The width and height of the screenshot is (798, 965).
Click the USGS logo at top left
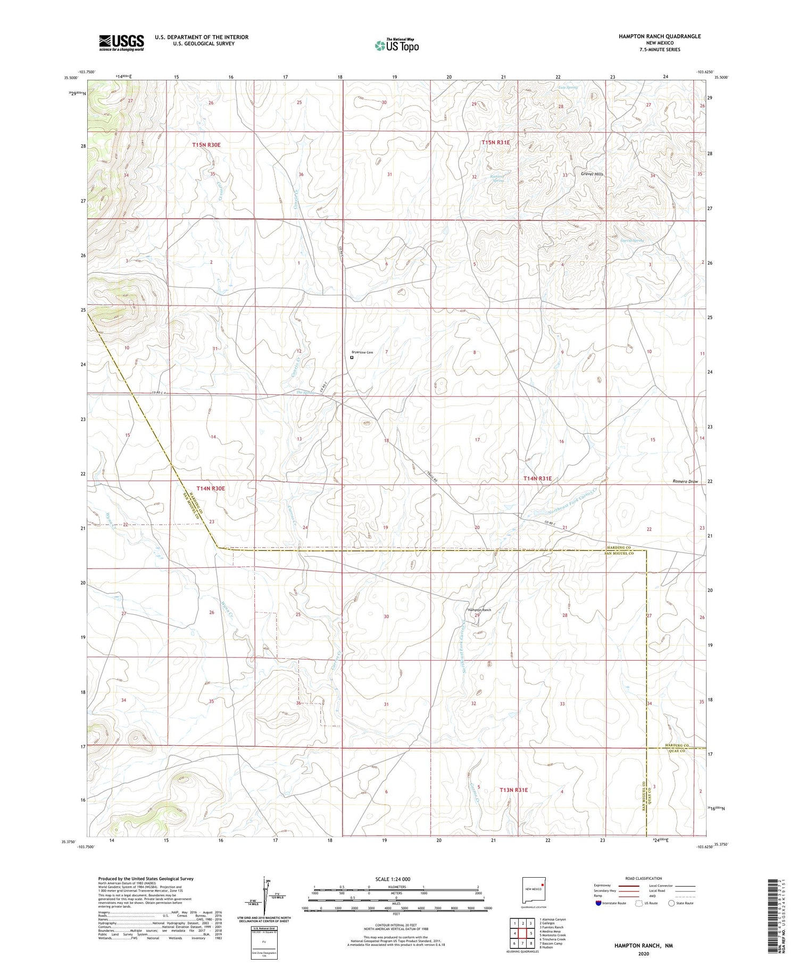pos(121,43)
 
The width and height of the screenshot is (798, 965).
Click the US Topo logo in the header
pos(396,45)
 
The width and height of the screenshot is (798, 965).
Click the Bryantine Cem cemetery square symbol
pos(352,358)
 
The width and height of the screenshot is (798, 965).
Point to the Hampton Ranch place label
pos(479,610)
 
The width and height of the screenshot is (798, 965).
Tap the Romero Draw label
pos(685,481)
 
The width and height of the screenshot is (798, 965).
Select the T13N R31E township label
pos(514,790)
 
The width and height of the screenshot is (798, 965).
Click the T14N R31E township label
pos(538,479)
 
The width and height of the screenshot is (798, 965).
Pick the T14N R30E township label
pos(211,488)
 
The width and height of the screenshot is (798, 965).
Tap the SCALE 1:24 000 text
pos(393,879)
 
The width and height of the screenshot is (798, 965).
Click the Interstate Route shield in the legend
pos(599,903)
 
